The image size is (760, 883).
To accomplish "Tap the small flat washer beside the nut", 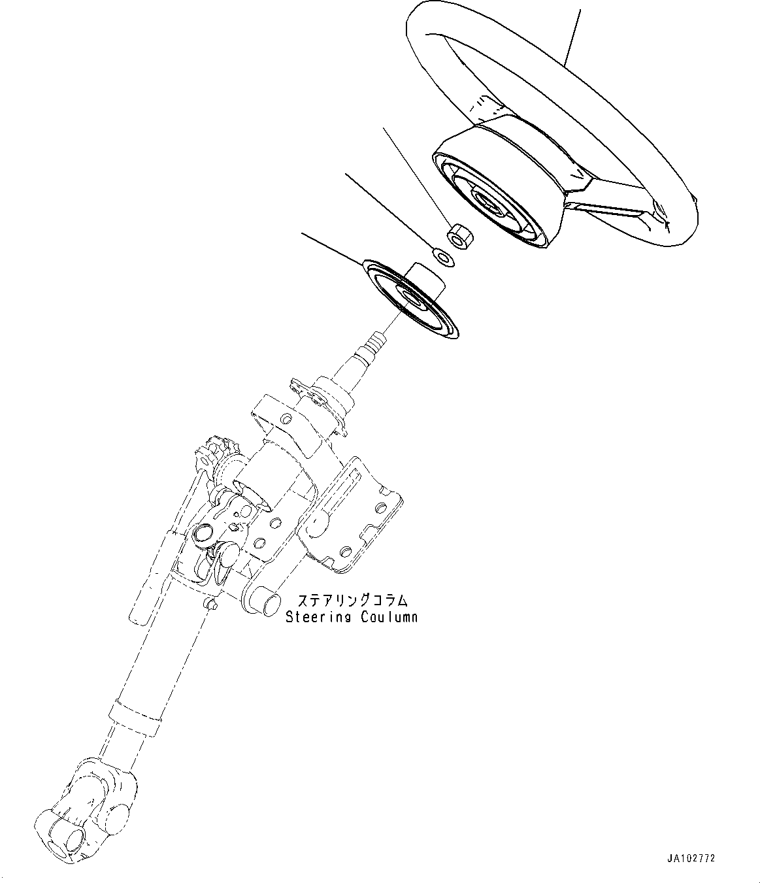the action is (444, 256).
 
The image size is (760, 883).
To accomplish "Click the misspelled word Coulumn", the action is (389, 616).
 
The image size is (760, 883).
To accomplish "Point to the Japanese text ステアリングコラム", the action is (353, 600).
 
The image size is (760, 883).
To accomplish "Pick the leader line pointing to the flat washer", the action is (386, 209).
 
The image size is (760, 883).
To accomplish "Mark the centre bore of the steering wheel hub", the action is (487, 202).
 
